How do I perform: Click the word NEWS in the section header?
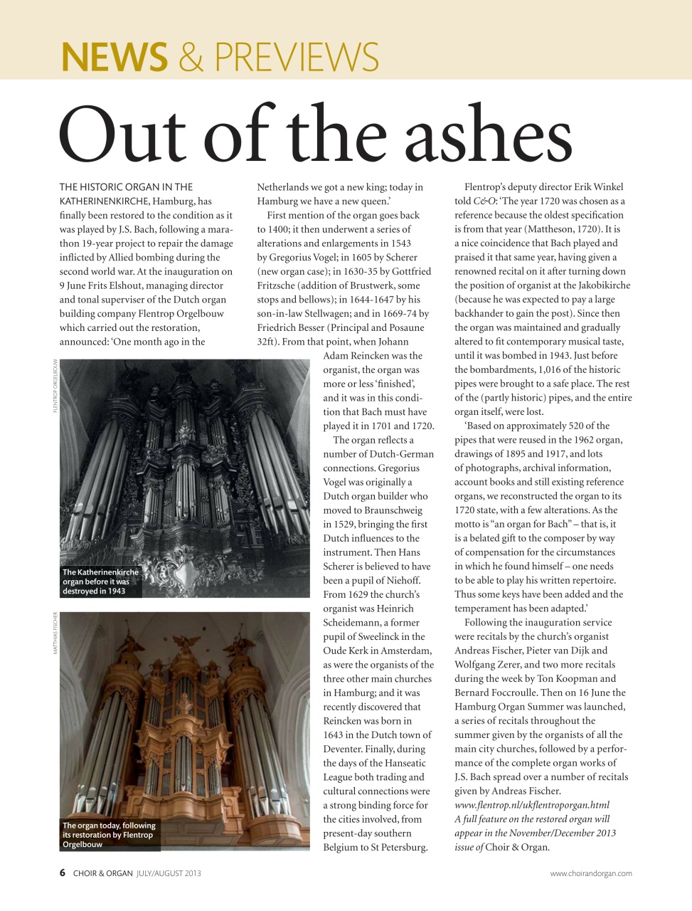(x=115, y=57)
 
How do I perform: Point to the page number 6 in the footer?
(x=63, y=873)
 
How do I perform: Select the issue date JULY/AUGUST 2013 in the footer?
(x=169, y=873)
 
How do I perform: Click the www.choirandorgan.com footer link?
(x=590, y=873)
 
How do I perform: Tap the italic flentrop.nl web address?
(x=531, y=805)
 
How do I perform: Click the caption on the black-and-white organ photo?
(x=100, y=581)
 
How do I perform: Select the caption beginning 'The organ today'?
(x=108, y=835)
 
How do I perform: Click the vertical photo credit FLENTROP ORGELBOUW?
(x=55, y=385)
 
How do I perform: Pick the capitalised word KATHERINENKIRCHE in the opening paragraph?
(x=104, y=201)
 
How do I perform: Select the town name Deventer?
(x=345, y=749)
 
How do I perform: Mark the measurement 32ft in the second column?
(x=267, y=342)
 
